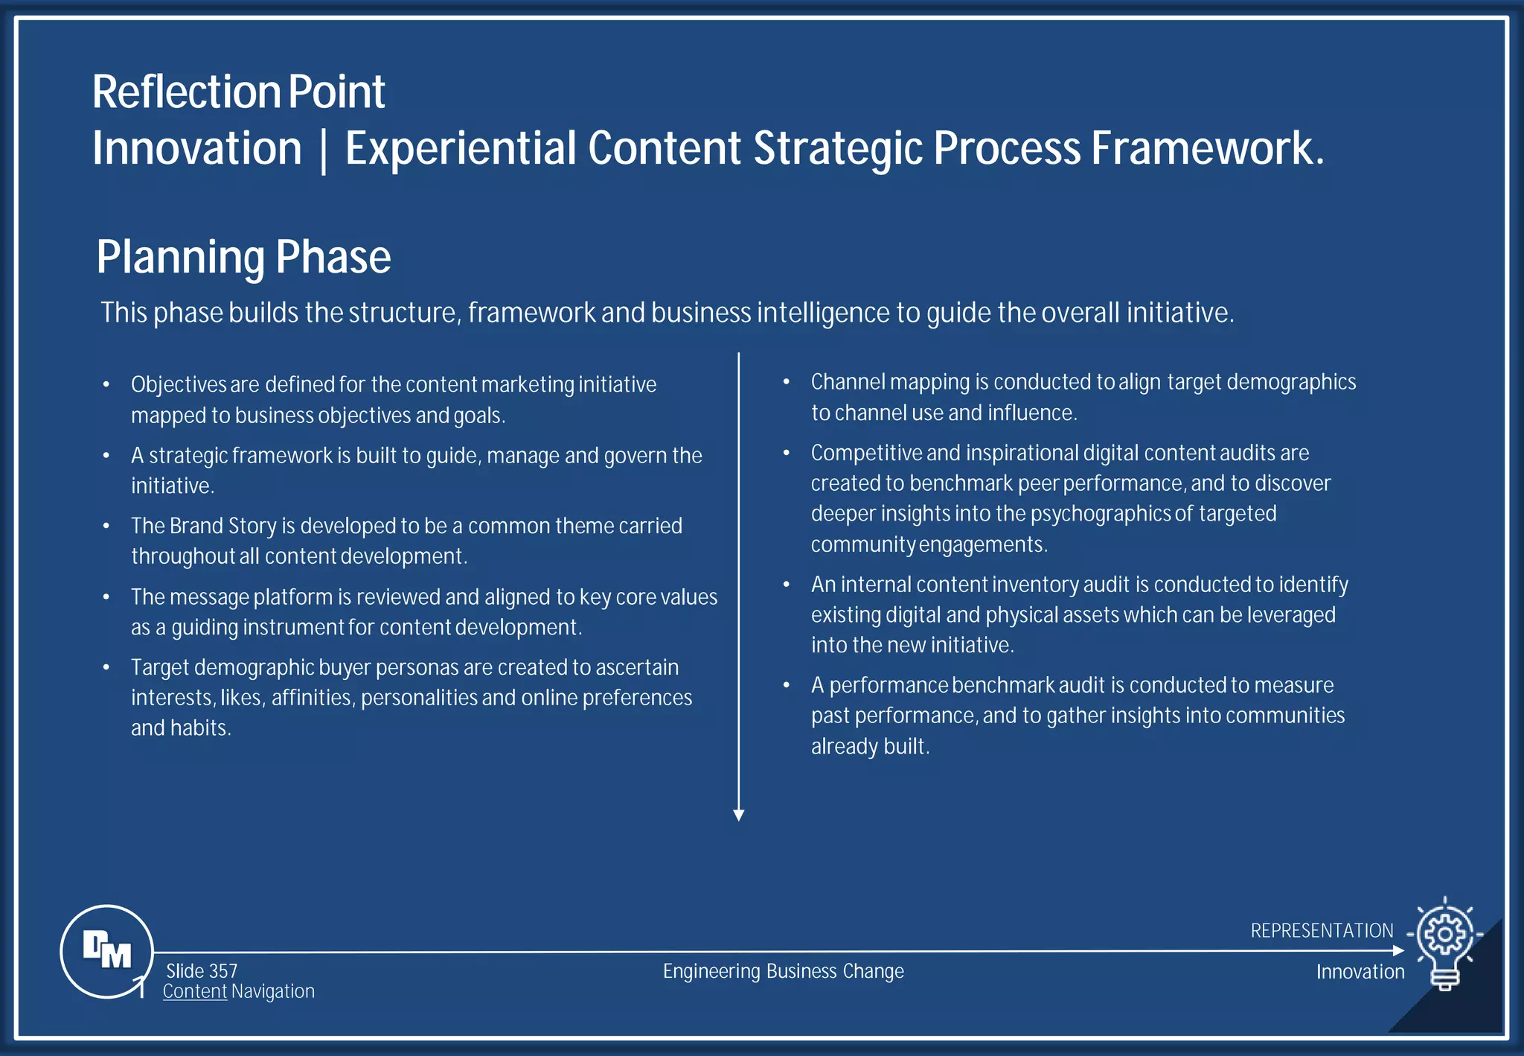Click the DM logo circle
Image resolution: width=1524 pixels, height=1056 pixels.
point(106,951)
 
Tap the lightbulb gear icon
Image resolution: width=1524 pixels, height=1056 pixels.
point(1445,940)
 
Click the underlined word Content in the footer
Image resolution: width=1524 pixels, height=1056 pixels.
point(195,991)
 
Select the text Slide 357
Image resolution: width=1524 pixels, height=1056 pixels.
point(202,971)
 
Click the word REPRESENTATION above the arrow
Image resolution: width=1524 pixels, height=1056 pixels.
point(1322,931)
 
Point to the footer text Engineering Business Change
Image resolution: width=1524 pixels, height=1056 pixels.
point(783,971)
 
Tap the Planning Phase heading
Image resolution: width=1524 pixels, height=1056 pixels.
point(243,257)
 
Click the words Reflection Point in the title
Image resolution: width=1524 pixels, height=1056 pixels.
point(238,92)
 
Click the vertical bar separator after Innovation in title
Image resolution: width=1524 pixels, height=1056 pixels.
point(323,150)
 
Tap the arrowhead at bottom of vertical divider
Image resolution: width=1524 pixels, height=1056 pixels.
point(739,815)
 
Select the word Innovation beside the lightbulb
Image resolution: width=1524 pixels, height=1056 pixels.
point(1360,972)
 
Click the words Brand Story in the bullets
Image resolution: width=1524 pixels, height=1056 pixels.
point(223,526)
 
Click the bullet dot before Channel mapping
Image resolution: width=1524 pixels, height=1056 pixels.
point(786,381)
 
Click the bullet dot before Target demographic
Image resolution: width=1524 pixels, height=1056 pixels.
point(106,667)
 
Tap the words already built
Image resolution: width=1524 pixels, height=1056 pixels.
point(870,746)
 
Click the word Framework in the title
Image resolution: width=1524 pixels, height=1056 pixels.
point(1207,148)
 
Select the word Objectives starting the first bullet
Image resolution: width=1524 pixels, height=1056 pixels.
point(179,384)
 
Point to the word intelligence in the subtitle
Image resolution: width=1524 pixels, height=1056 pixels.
point(823,313)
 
